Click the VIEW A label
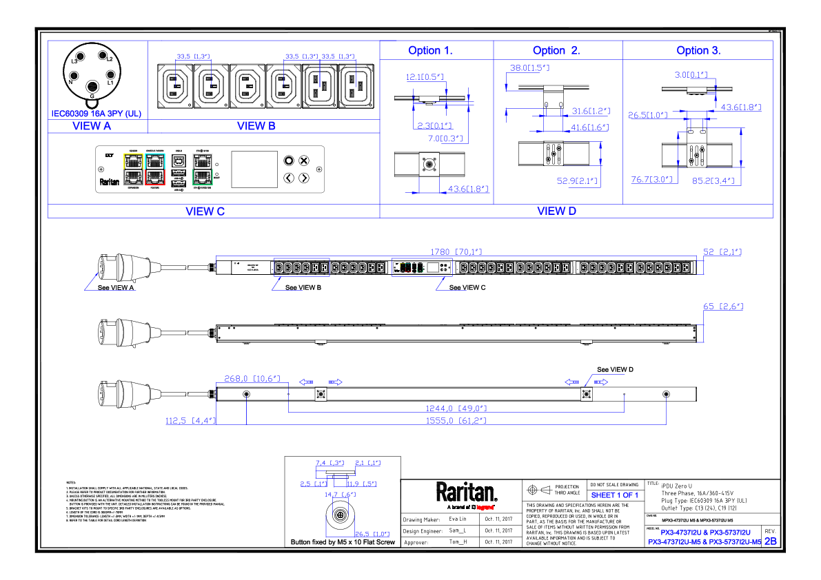coord(92,126)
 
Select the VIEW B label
coord(256,126)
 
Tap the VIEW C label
coord(205,211)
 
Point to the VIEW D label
coord(556,211)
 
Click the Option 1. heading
coord(430,50)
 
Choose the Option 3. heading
coord(698,50)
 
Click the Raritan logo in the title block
coord(466,493)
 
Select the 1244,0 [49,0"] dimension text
coord(456,408)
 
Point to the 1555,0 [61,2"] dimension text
coord(456,420)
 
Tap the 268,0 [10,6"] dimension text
coord(252,378)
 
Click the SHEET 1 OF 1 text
coord(615,495)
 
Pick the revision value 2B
coord(770,541)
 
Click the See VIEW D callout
coord(615,369)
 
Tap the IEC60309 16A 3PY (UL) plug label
coord(97,114)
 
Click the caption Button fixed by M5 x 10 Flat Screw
coord(343,543)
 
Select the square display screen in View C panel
coord(254,169)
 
